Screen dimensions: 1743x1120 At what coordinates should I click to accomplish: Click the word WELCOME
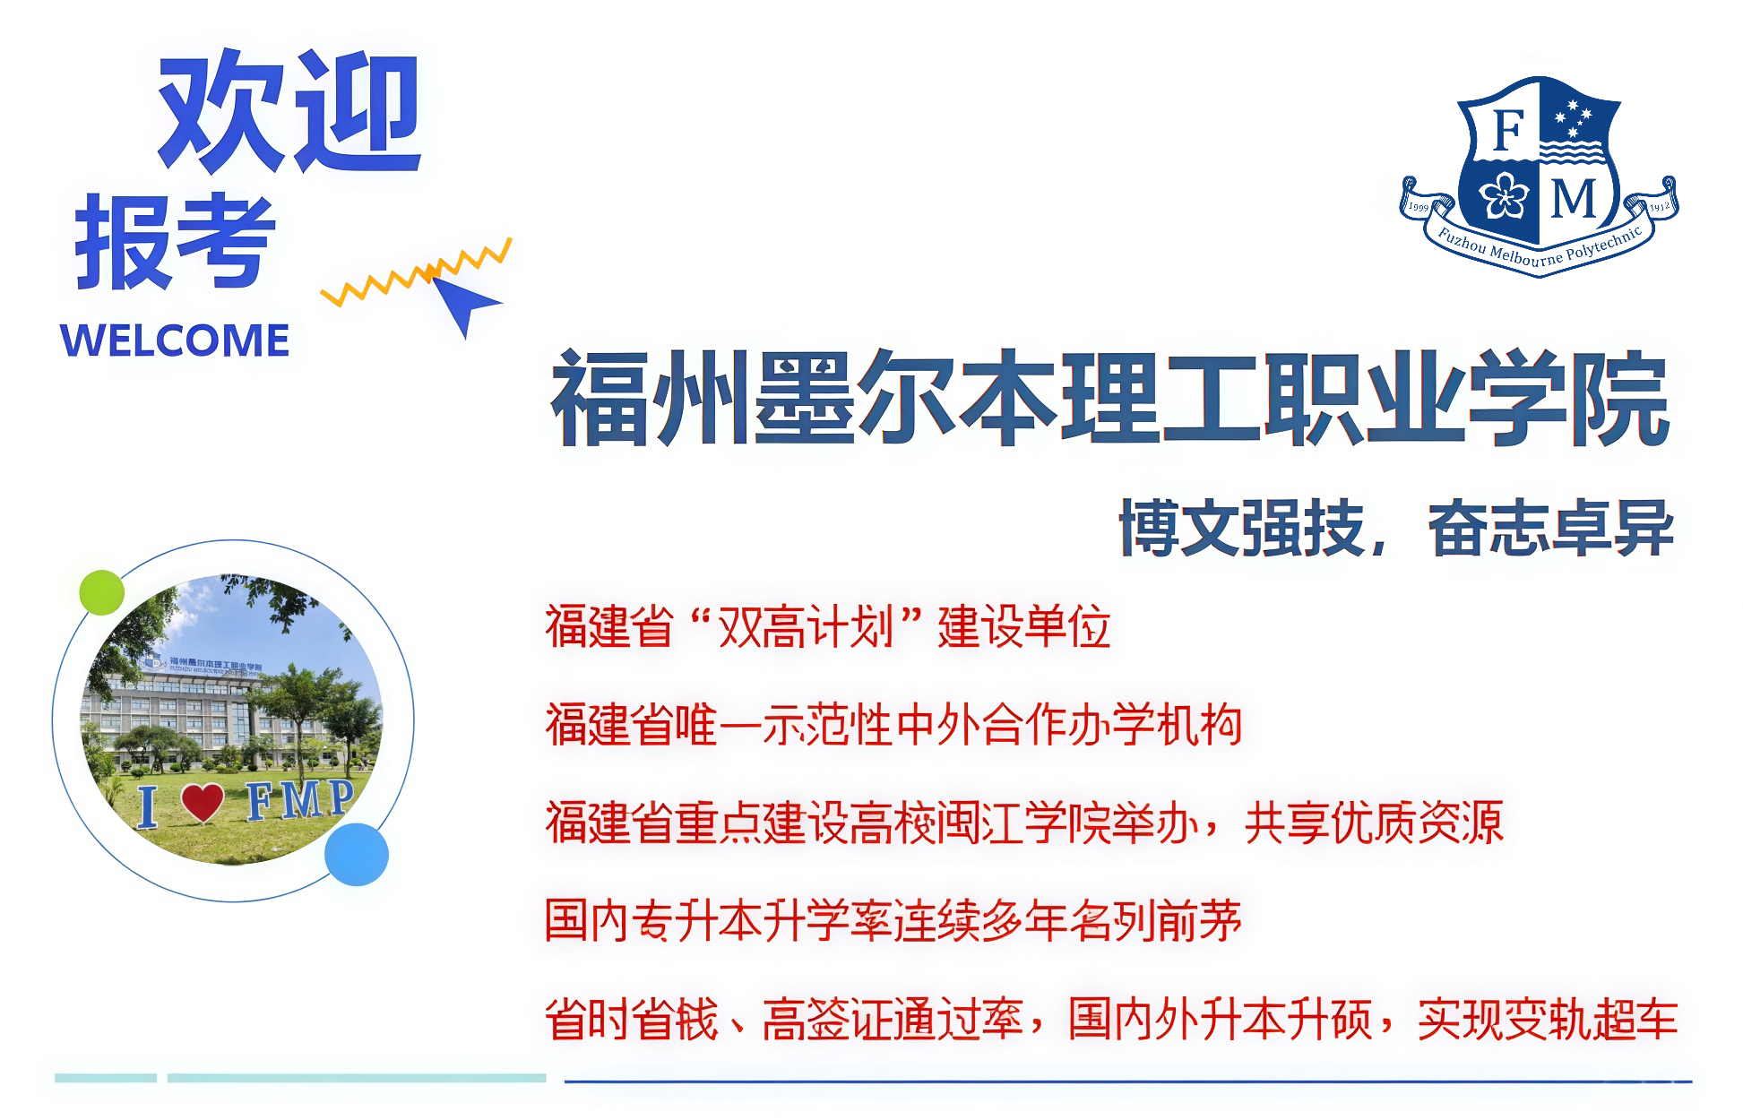(x=175, y=340)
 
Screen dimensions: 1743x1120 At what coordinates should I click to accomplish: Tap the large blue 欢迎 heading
(x=289, y=111)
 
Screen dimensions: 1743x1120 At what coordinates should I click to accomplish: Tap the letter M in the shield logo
(x=1575, y=199)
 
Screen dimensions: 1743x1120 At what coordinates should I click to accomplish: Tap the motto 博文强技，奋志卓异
(x=1396, y=529)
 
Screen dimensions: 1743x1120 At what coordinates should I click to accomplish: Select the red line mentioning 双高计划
(x=828, y=626)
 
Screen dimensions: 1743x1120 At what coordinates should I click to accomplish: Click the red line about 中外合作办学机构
(x=893, y=725)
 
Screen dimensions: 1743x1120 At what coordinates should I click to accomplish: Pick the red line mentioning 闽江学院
(x=1024, y=823)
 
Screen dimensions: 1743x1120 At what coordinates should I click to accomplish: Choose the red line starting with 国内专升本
(x=893, y=921)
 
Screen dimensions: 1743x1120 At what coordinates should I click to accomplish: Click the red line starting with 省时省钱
(x=1111, y=1020)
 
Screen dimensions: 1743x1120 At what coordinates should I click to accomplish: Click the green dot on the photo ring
(x=101, y=592)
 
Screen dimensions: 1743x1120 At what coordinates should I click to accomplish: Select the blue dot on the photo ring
(x=357, y=855)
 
